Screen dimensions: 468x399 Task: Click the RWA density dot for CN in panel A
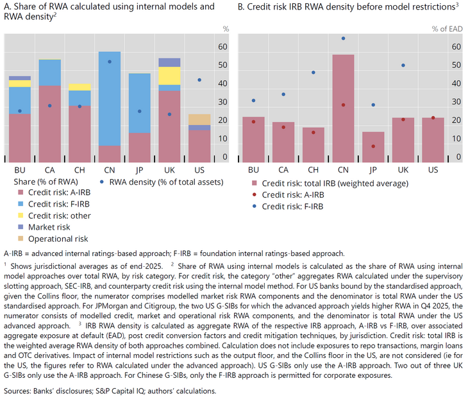coord(110,62)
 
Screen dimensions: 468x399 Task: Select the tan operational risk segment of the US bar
coord(199,119)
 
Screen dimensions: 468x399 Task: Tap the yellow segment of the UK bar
coord(169,76)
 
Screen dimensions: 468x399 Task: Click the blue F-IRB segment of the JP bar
coord(139,103)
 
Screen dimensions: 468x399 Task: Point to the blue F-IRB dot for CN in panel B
coord(343,38)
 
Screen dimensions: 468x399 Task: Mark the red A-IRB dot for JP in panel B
coord(373,146)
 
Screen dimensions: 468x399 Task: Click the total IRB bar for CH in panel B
coord(313,145)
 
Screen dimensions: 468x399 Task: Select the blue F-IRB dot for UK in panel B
coord(403,65)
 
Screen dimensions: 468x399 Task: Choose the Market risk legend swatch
coord(21,227)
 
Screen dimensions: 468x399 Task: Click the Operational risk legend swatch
coord(21,239)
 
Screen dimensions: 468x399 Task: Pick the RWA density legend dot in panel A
coord(102,182)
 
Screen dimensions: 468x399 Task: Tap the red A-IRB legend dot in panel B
coord(255,195)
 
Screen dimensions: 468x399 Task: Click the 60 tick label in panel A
coord(222,47)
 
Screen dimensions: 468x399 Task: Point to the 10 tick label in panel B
coord(456,139)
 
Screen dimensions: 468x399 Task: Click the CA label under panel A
coord(50,170)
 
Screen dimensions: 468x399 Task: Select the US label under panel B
coord(433,170)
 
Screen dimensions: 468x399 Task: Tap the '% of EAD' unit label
coord(447,29)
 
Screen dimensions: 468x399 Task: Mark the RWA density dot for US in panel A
coord(199,80)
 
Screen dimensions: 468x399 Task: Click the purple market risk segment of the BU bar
coord(20,78)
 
